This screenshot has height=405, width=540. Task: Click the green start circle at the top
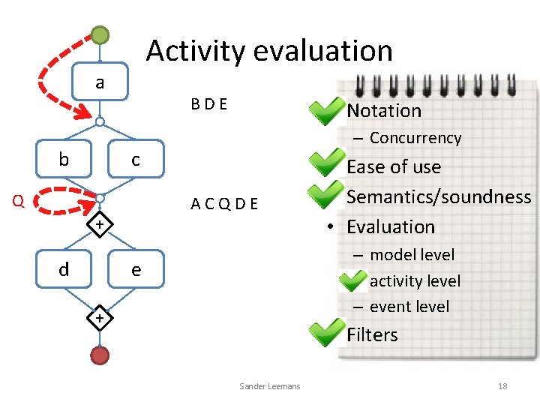coord(100,34)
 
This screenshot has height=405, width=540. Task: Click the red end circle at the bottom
coord(100,355)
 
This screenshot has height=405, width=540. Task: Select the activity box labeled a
coord(100,82)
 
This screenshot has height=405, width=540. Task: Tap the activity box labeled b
coord(64,159)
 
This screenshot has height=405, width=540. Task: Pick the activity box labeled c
coord(135,159)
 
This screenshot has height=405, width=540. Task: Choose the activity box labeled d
coord(64,269)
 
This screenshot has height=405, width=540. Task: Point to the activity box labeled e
coord(135,269)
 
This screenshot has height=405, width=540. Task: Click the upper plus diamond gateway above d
coord(100,224)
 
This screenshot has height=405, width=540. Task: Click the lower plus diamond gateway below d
coord(100,319)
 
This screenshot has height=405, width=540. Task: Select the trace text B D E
coord(209,104)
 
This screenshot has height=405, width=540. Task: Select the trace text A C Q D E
coord(224,203)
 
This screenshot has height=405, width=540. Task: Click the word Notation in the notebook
coord(384,111)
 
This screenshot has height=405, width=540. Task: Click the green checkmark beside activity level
coord(352,281)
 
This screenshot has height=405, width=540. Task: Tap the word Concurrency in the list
coord(415,138)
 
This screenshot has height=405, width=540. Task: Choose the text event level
coord(409,306)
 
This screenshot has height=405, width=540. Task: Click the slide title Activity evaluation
coord(269,51)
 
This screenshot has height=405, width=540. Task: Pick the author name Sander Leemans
coord(269,386)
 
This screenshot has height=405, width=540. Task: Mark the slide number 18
coord(502,386)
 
